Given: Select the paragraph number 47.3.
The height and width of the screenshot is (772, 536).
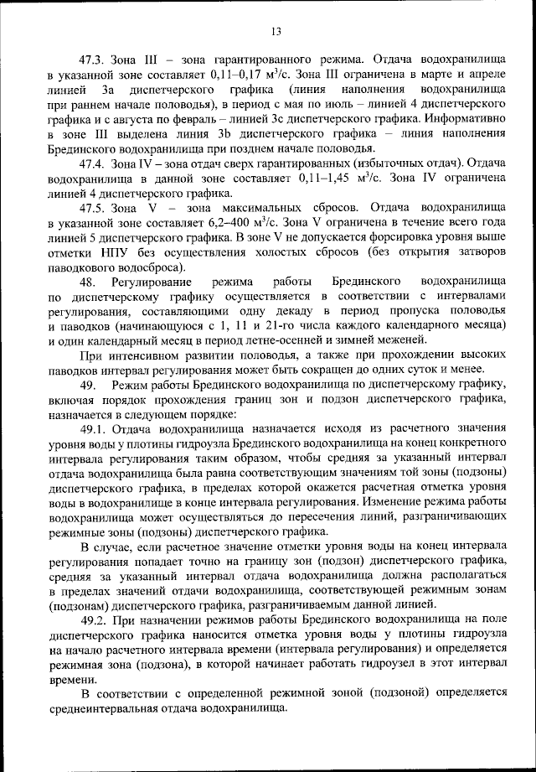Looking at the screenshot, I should point(90,60).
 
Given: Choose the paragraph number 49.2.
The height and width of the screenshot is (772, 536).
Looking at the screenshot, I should point(91,619).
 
